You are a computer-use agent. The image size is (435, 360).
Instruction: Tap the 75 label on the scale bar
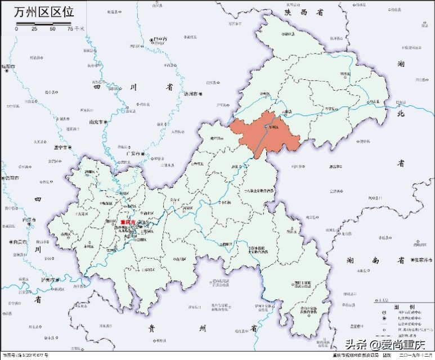(x=70, y=29)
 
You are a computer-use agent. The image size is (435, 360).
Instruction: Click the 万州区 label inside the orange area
(x=275, y=129)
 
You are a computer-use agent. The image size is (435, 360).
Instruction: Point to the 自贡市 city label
(x=12, y=241)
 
